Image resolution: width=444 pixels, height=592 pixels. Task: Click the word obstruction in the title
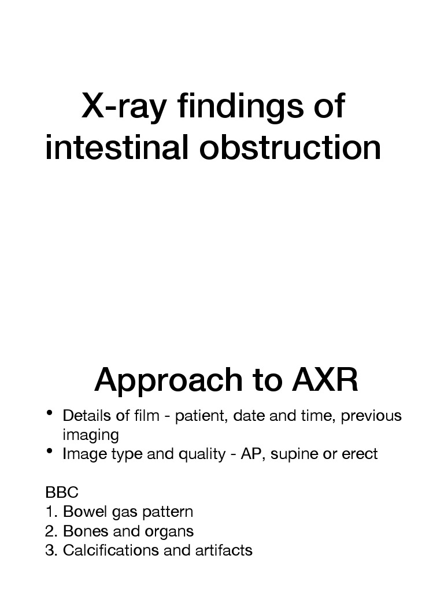(x=290, y=148)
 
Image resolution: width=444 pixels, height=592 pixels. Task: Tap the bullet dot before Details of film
(x=50, y=413)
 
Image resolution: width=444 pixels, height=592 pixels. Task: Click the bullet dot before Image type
(x=50, y=451)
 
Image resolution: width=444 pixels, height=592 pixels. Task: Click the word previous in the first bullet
(x=371, y=416)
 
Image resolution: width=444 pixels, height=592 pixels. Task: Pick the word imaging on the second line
(x=90, y=435)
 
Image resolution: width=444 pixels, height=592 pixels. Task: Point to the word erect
(x=359, y=454)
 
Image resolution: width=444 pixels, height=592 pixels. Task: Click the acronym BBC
(x=61, y=493)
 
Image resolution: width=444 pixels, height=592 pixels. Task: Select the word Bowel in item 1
(x=81, y=512)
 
